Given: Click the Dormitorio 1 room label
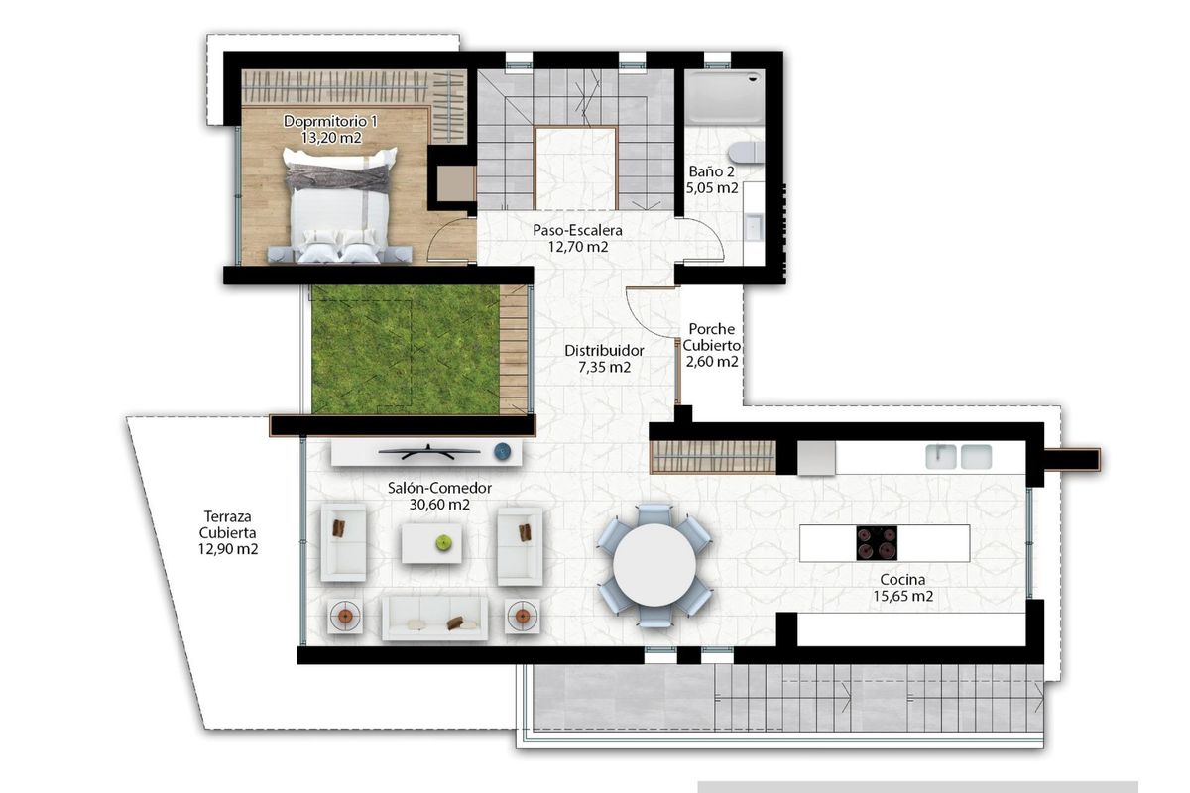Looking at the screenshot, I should click(330, 130).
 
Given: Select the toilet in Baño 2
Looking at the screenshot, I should click(743, 152).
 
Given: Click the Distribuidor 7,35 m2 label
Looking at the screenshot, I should click(604, 358).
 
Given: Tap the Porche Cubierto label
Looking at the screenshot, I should click(712, 345).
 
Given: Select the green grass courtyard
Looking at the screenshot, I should click(405, 349).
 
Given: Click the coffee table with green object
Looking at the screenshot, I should click(431, 542).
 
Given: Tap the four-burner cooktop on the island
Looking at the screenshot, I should click(877, 543).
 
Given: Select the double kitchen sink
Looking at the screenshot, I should click(958, 456).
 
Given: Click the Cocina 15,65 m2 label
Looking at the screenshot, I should click(902, 588).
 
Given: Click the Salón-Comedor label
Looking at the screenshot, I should click(437, 496).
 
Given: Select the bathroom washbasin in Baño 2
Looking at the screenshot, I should click(754, 226).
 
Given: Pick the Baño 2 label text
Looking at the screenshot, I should click(711, 178).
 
